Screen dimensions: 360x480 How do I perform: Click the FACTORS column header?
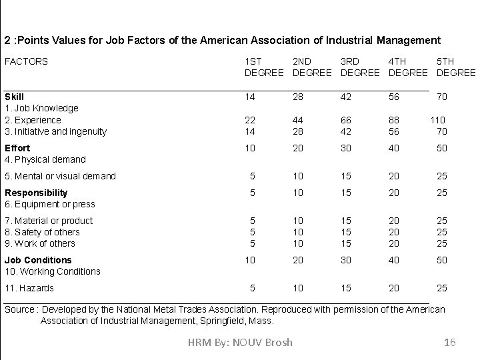pos(26,61)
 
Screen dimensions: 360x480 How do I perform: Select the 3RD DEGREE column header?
pos(360,67)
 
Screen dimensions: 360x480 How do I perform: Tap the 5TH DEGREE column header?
pos(456,67)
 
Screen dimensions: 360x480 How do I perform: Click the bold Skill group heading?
pos(14,97)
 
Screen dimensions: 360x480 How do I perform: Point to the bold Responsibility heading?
pos(36,193)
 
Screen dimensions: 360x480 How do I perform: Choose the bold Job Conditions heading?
pos(38,260)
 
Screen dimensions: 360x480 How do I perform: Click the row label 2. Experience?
pos(33,120)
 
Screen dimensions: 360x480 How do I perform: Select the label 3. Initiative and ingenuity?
pos(55,131)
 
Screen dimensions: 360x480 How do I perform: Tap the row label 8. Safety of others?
pos(42,232)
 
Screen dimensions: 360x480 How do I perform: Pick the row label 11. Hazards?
pos(29,288)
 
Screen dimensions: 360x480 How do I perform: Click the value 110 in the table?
pos(437,120)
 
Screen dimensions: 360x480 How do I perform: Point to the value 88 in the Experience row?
pos(395,120)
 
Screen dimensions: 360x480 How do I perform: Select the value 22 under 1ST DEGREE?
pos(250,120)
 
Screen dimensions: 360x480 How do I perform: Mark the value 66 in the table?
pos(346,120)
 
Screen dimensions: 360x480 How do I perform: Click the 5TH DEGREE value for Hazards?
pos(442,288)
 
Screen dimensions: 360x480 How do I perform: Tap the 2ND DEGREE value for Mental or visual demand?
pos(298,176)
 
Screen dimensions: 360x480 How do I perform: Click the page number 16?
pos(449,342)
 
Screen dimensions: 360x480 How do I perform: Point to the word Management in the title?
pos(407,40)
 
